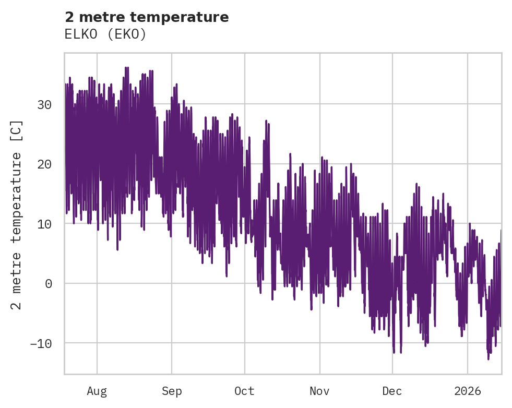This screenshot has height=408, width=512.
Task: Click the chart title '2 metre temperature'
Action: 147,17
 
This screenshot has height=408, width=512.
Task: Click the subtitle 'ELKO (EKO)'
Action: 105,34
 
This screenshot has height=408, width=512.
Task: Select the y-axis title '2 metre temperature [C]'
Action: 17,215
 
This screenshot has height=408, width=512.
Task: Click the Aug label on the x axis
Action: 97,391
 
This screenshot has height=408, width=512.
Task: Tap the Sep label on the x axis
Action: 172,391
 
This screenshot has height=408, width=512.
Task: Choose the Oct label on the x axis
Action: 244,391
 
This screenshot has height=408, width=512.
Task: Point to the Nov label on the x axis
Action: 319,391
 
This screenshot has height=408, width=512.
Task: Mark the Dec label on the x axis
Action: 392,391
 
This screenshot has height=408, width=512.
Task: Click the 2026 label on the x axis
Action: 467,391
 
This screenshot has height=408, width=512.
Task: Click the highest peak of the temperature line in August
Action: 126,67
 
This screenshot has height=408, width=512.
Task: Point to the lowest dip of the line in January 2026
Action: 489,359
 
